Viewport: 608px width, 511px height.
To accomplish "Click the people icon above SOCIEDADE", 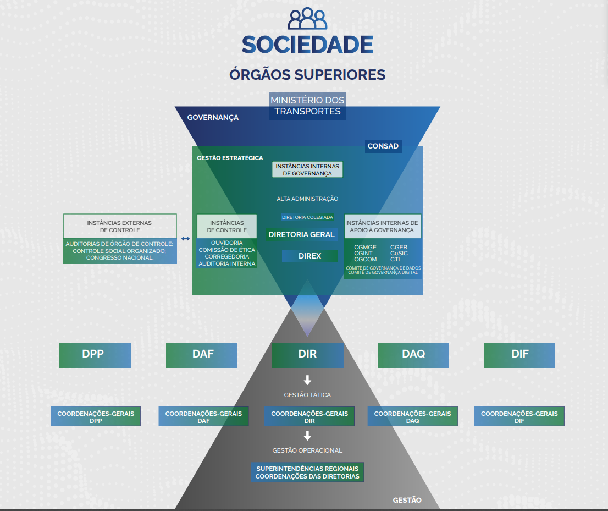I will click(x=307, y=19).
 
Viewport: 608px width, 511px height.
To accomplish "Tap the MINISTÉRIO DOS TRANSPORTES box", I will click(x=307, y=106).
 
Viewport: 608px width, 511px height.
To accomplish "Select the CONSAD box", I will click(x=383, y=146).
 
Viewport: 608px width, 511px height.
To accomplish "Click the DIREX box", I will click(x=309, y=256).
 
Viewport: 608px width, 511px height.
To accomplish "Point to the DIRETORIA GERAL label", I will click(x=301, y=234).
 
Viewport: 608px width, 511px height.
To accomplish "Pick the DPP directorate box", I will click(x=95, y=355).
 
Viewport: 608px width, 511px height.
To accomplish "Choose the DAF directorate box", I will click(x=202, y=355).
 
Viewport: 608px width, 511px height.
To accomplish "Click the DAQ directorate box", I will click(x=413, y=355).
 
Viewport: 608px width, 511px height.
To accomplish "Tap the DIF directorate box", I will click(x=519, y=355).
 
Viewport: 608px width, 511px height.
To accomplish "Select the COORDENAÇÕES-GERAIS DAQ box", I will click(x=412, y=417).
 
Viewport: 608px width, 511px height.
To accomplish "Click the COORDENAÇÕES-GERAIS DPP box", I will click(x=96, y=417).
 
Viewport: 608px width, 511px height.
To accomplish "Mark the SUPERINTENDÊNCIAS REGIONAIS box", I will click(x=307, y=472).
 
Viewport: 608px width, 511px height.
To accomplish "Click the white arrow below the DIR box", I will click(x=307, y=380).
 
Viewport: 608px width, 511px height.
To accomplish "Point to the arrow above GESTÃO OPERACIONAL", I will click(x=307, y=436).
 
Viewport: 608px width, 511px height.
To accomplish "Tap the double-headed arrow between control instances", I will click(x=185, y=239).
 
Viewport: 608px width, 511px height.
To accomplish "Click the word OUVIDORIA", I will click(x=226, y=243).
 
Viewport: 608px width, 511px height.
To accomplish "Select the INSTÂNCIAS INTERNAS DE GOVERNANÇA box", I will click(x=307, y=169).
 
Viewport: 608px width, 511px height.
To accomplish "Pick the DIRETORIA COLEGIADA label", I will click(x=307, y=217).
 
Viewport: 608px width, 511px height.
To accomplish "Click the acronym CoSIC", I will click(x=399, y=254).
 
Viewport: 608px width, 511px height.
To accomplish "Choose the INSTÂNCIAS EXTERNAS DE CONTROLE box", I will click(x=120, y=226).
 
